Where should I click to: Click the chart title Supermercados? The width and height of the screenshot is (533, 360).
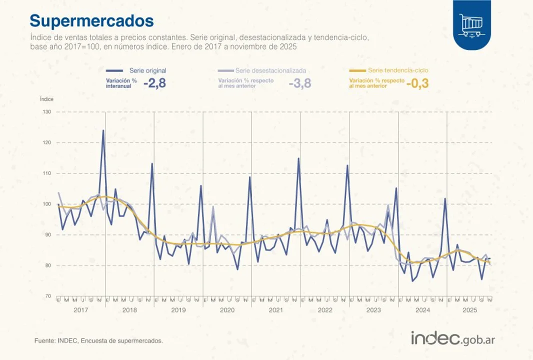coord(91,21)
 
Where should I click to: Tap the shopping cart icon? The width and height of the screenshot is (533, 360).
coord(472,24)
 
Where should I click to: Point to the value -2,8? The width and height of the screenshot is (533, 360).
coord(154,83)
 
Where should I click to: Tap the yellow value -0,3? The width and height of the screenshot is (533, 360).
coord(417,83)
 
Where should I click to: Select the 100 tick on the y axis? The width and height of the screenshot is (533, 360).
coord(46,204)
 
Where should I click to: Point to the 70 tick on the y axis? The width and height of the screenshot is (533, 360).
coord(47,296)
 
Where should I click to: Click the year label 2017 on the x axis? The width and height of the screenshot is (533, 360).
coord(81,310)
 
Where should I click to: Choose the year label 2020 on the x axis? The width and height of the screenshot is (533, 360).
coord(227,310)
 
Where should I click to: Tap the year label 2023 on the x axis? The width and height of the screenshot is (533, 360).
coord(373,310)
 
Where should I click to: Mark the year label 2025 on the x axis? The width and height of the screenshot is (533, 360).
coord(469,310)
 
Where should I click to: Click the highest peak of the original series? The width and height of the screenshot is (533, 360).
coord(103,130)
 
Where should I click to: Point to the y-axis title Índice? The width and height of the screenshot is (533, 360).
coord(46,99)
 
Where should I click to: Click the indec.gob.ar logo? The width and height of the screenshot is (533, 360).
coord(453,338)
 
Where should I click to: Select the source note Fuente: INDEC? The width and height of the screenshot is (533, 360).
coord(98,340)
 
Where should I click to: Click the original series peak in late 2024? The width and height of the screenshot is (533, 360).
coord(445,198)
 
